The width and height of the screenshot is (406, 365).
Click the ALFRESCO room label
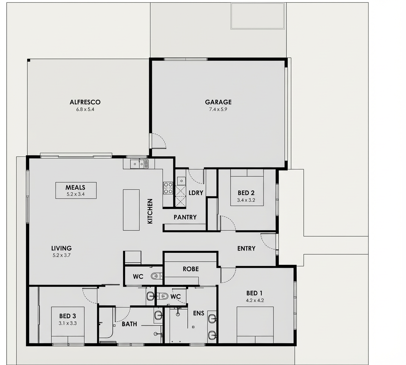tap(85, 102)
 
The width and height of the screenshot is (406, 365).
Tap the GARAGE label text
tap(218, 102)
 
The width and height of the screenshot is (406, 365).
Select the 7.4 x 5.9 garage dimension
tap(218, 110)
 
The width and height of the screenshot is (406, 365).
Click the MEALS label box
tap(76, 190)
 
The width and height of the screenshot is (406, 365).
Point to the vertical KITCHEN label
tap(150, 211)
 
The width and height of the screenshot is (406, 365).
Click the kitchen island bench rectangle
tap(131, 210)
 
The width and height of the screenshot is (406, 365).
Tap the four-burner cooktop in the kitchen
tap(168, 188)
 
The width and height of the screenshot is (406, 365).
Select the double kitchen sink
tap(139, 164)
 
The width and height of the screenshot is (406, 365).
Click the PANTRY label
tap(185, 217)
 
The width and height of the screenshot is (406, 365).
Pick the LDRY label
tap(196, 193)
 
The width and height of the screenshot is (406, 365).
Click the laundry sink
tap(181, 181)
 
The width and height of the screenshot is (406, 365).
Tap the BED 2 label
tap(246, 193)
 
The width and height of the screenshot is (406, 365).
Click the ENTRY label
tap(246, 249)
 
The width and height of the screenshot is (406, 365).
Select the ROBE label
tap(191, 269)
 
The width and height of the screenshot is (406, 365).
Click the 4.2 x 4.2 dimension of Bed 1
tap(255, 301)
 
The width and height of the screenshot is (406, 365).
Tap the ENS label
tap(199, 313)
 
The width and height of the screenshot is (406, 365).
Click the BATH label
tap(129, 324)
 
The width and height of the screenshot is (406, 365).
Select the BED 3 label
tap(68, 316)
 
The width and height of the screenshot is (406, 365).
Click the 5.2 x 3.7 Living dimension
tap(62, 255)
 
